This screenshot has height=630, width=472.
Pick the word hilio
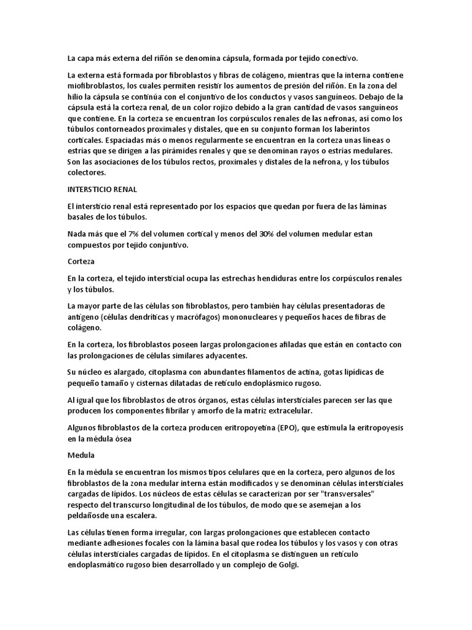[76, 97]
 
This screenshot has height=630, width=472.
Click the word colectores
[87, 173]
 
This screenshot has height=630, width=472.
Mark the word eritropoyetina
[248, 428]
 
